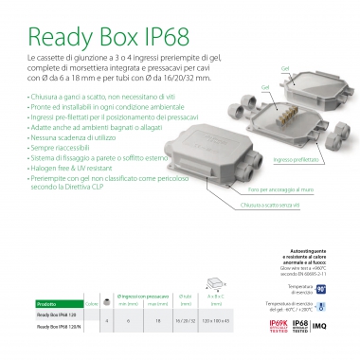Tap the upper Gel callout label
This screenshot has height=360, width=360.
(x=284, y=70)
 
